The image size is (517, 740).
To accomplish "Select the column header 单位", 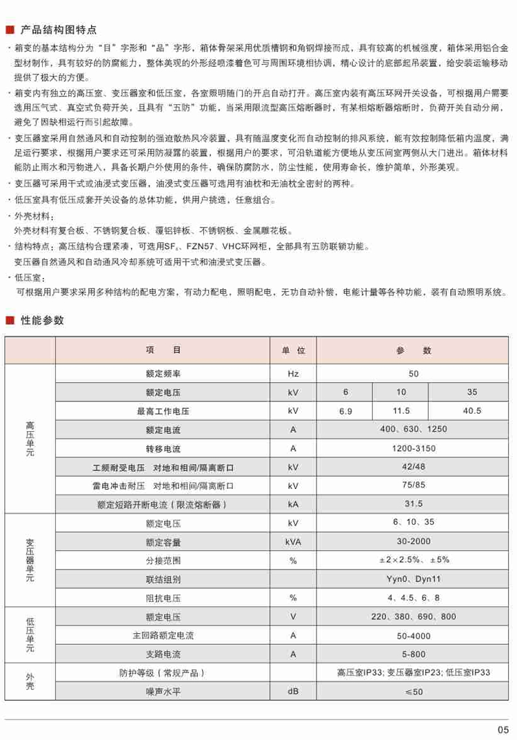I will [x=293, y=350].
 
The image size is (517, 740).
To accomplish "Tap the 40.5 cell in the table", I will [x=472, y=412].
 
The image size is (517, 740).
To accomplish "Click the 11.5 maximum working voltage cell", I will [x=401, y=412].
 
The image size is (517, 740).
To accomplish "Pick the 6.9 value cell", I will [x=345, y=412].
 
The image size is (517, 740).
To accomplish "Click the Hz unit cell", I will [x=293, y=374].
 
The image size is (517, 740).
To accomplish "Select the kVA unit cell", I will [x=293, y=541].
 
